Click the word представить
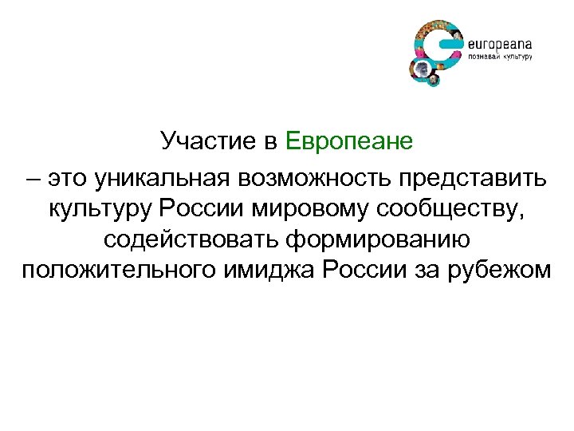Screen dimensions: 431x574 [469, 173]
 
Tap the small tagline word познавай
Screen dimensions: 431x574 [483, 57]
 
